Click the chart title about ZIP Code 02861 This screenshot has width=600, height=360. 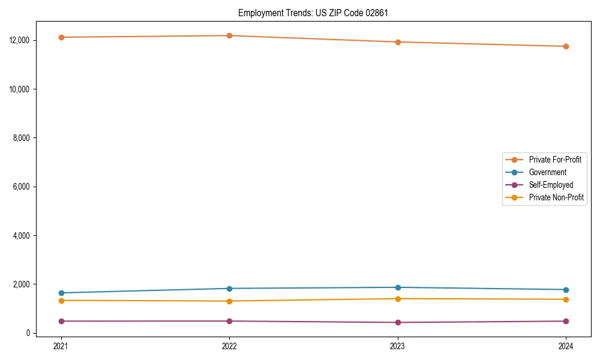pos(313,13)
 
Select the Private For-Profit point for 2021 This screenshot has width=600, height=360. pos(61,37)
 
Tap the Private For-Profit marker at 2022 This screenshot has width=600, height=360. pos(229,35)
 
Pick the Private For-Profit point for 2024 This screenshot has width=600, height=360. pos(566,46)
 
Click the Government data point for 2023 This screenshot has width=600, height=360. pos(398,287)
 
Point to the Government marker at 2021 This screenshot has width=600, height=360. pos(61,293)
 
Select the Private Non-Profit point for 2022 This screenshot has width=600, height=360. pos(229,301)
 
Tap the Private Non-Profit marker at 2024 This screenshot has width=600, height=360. pos(566,299)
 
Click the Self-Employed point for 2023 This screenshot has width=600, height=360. pos(398,322)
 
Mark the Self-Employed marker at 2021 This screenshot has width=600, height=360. pos(61,321)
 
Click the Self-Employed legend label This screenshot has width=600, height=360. pos(551,185)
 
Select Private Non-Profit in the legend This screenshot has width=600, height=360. pos(556,197)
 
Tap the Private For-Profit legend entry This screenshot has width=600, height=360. pos(554,160)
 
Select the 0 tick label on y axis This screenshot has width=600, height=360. pos(28,333)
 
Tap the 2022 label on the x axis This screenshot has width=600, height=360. pos(229,346)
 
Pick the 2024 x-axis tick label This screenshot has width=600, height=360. pos(566,346)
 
